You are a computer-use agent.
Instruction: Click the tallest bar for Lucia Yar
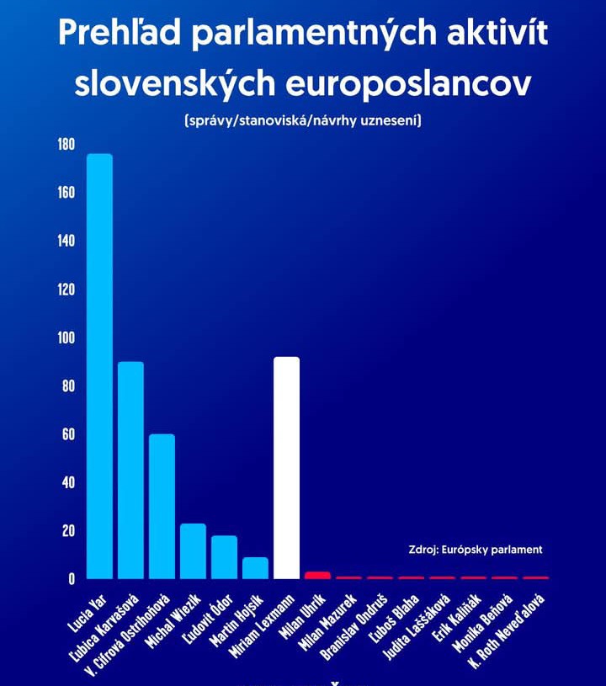pos(99,366)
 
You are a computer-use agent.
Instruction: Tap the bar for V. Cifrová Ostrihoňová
pos(162,506)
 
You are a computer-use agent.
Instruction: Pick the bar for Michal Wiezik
pos(193,551)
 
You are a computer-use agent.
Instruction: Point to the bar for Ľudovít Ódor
pos(224,557)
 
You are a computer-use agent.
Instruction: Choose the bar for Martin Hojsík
pos(255,568)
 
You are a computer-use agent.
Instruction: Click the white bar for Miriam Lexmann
pos(286,468)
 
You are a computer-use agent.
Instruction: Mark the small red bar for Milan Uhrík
pos(316,575)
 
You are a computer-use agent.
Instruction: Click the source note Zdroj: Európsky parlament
pos(475,550)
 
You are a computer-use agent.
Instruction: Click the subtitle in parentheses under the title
pos(303,121)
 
